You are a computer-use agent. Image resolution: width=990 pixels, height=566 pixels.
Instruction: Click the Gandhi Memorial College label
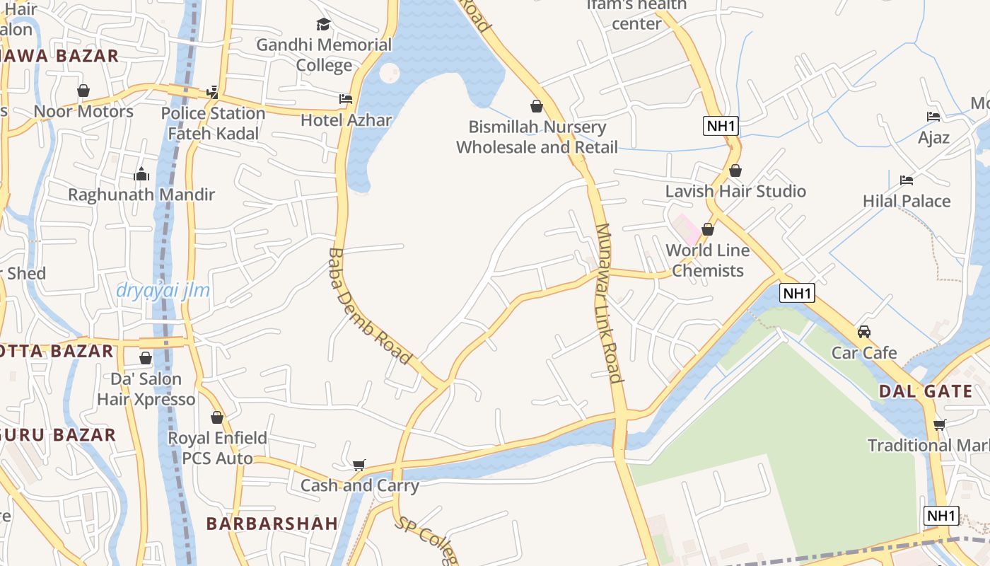click(324, 55)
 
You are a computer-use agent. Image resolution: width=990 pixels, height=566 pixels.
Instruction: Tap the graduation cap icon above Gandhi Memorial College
click(324, 25)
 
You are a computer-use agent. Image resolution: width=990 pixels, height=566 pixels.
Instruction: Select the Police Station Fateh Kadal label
click(213, 123)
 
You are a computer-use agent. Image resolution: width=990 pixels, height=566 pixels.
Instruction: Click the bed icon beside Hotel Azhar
click(346, 99)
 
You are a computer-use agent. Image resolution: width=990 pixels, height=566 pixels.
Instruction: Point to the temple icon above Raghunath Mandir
click(141, 174)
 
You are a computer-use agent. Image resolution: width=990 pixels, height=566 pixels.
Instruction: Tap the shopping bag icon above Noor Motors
click(83, 91)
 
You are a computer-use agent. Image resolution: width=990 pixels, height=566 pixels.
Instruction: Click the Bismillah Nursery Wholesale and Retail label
click(537, 137)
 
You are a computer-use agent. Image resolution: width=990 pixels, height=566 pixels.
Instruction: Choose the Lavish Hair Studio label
click(735, 191)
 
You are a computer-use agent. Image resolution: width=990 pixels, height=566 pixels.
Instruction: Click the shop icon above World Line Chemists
click(707, 229)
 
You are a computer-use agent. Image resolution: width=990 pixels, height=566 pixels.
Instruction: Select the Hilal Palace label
click(907, 201)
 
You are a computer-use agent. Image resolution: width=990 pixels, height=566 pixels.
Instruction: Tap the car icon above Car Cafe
click(863, 331)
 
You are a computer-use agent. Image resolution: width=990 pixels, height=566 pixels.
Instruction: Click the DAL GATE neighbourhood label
click(926, 391)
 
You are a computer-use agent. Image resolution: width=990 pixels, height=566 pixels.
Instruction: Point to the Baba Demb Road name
click(369, 306)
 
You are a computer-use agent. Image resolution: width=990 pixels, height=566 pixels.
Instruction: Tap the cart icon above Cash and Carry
click(359, 465)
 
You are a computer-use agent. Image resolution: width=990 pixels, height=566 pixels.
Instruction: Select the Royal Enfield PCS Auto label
click(217, 448)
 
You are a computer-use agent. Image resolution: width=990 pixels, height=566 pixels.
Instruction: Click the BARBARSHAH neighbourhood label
click(272, 524)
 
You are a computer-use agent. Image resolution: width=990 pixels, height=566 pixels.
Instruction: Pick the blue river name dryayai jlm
click(163, 290)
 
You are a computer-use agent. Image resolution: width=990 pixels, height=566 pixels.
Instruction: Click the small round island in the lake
click(390, 73)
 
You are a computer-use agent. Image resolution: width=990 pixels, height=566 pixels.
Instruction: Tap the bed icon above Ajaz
click(933, 117)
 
